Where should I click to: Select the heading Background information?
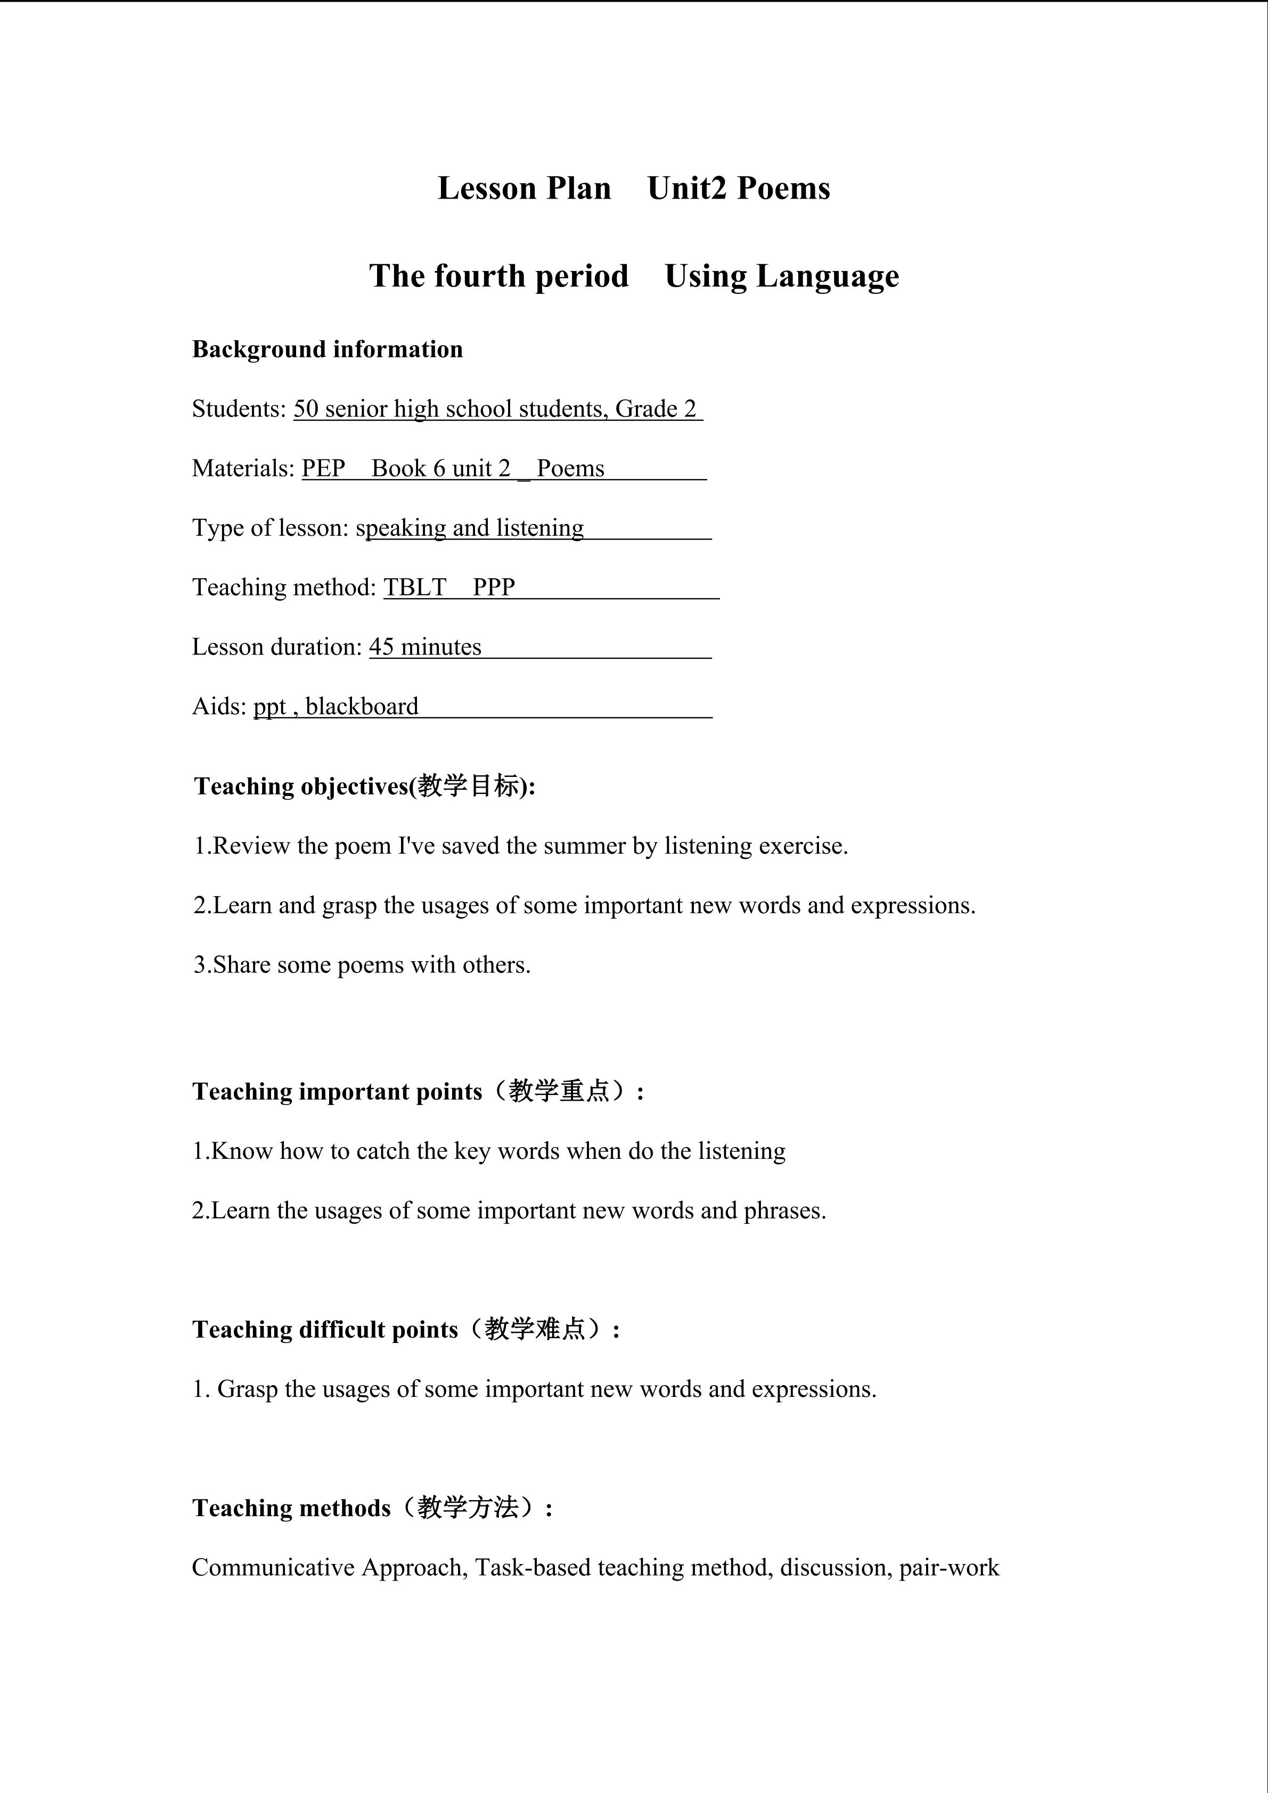pos(327,349)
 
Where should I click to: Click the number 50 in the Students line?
pos(306,408)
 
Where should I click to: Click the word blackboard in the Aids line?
pos(362,706)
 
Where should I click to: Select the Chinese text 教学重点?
pos(559,1091)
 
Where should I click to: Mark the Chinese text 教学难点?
pos(535,1329)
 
